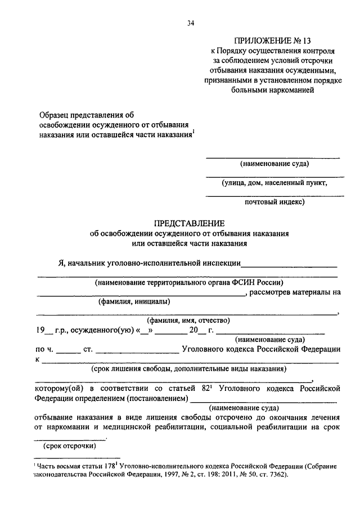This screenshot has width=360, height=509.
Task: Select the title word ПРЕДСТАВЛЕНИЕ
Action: (x=189, y=223)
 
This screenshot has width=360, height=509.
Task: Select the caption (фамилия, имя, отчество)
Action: (x=188, y=321)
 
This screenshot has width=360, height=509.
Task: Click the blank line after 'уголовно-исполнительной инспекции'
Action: (x=290, y=264)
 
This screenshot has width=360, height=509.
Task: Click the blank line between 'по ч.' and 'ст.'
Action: (x=69, y=351)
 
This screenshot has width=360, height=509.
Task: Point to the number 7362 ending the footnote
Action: (x=276, y=475)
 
